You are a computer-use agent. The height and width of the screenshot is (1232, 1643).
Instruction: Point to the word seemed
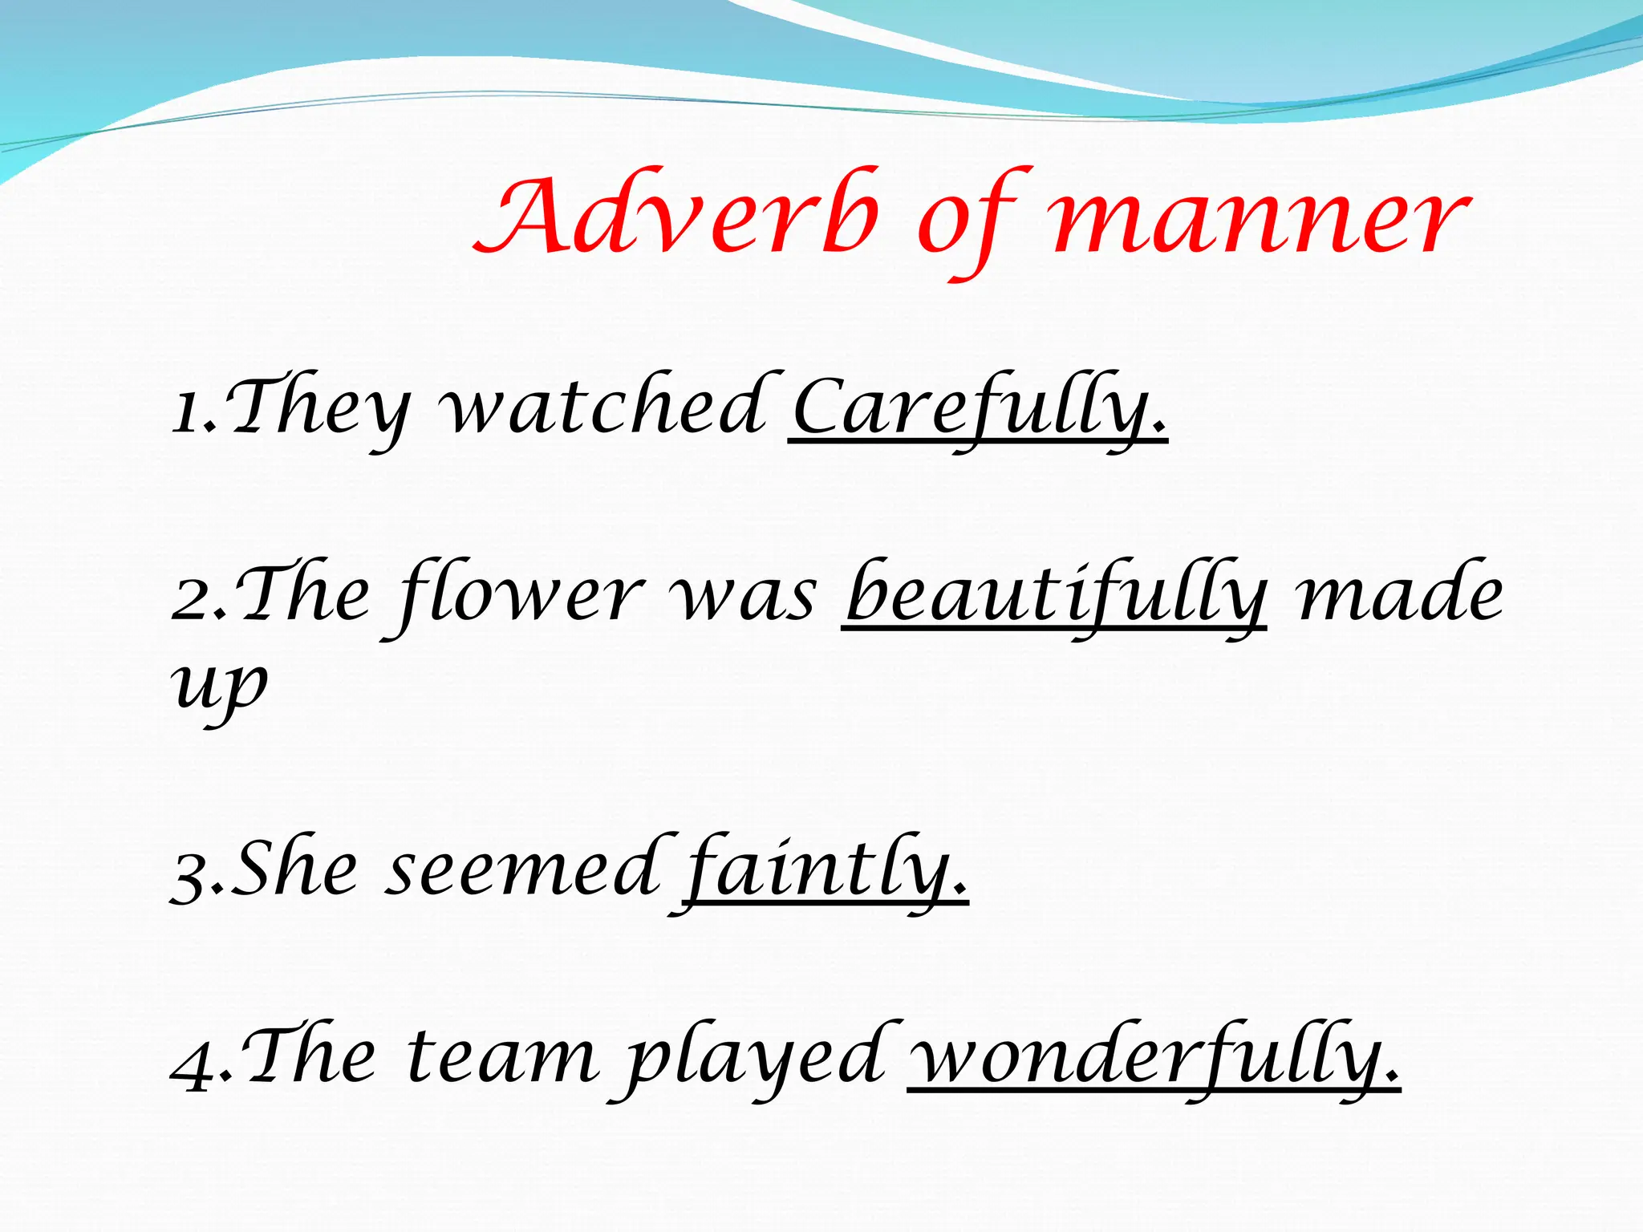point(521,871)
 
